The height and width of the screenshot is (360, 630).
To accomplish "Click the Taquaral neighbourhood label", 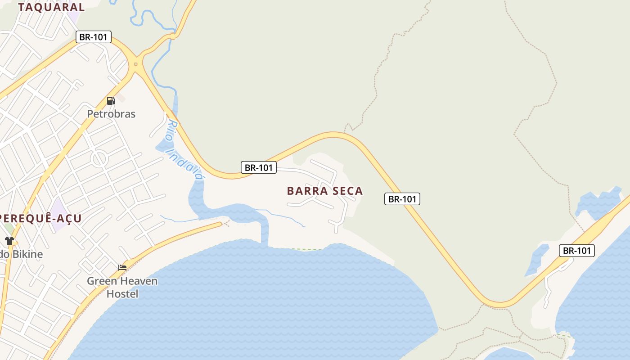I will point(51,7).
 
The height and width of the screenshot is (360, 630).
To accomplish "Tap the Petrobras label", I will point(111,114).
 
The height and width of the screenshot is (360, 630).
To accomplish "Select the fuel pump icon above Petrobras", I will point(111,100).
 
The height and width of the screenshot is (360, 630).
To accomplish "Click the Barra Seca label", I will point(325,191).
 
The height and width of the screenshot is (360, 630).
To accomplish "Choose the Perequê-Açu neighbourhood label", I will point(40,219).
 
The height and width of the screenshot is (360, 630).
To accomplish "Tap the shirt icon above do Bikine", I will point(9,241).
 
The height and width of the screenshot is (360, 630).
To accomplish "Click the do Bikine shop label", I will point(22,254).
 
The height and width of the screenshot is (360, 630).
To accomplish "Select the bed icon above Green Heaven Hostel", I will point(122,268).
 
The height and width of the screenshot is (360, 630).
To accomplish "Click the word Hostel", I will point(122,294).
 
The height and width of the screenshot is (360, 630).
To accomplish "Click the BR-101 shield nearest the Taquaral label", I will point(93,37).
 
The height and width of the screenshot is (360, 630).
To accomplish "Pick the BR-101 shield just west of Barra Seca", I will point(258,167).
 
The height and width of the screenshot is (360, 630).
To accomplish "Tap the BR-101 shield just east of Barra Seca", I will point(402,199).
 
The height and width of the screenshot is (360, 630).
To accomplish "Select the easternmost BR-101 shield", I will point(576,251).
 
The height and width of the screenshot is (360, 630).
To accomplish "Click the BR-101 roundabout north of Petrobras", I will point(135,64).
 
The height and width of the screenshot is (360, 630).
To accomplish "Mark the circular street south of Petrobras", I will point(99,158).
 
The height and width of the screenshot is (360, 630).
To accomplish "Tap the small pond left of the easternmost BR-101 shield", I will point(537,260).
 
